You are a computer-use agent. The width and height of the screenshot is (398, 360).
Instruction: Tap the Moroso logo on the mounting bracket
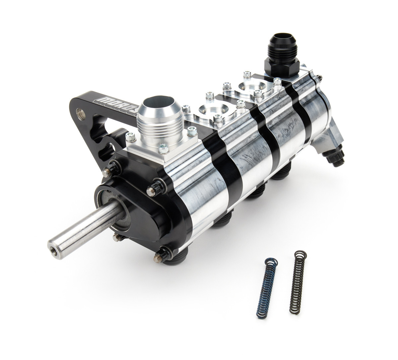pos(116,101)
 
